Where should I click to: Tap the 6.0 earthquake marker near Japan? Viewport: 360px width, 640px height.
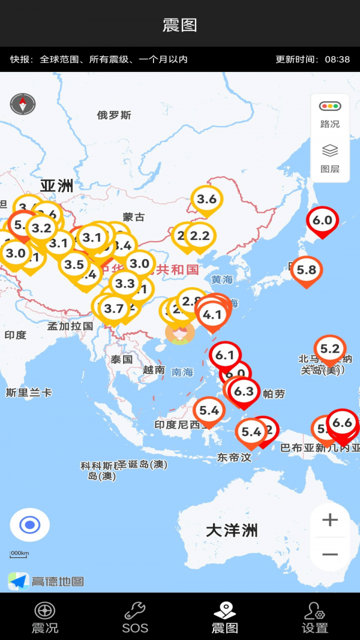pos(322,221)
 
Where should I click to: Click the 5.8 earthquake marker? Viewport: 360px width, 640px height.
pos(306,270)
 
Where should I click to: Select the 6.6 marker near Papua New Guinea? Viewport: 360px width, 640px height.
pos(342,423)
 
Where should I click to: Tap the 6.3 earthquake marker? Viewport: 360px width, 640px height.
pos(244,392)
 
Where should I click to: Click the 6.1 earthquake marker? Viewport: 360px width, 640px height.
pos(224,356)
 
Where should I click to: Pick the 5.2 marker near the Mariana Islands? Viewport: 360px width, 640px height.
pos(329,349)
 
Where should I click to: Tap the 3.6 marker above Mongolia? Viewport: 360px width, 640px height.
pos(206,199)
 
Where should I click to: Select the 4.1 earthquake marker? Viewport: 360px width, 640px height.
pos(212,315)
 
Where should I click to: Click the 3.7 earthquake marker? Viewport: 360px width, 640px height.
pos(113,309)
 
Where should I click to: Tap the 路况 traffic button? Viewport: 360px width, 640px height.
pos(329,115)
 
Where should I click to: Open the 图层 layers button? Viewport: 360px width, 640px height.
pos(329,158)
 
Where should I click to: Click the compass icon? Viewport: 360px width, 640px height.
pos(23,104)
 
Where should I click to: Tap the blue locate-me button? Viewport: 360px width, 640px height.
pos(29,525)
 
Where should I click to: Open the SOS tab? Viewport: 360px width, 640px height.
pos(135,618)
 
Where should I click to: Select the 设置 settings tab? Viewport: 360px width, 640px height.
pos(314,618)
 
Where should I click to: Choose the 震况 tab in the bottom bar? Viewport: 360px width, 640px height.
pos(45,618)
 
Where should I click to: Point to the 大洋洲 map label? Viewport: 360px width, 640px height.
pos(232,530)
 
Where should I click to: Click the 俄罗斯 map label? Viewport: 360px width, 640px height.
pos(114,115)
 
